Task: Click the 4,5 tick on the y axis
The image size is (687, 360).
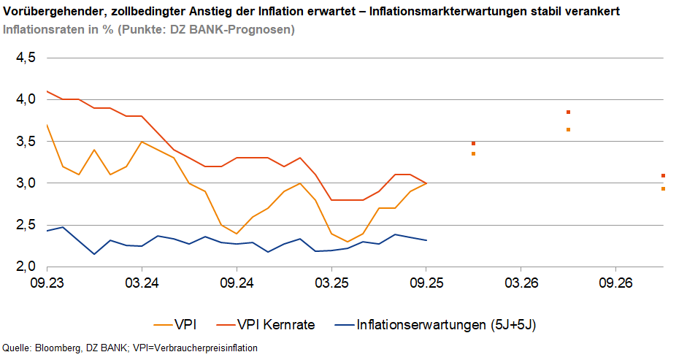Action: (26, 58)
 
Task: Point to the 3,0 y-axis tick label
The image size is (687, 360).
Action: (26, 183)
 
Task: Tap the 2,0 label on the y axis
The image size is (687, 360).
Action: (26, 267)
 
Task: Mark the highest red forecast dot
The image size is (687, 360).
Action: (568, 112)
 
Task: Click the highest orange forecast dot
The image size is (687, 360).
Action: (568, 130)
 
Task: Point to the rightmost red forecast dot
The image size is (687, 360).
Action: (663, 176)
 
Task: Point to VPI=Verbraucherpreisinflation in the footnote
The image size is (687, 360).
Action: (198, 348)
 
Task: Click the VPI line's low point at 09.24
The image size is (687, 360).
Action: (237, 234)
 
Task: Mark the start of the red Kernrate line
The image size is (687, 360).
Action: (47, 91)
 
